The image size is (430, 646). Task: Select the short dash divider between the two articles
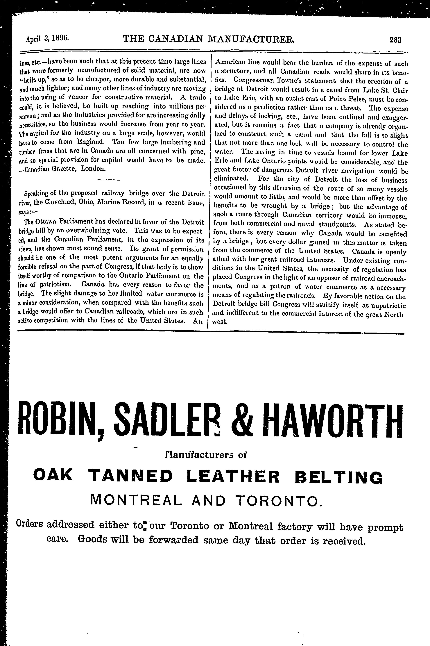click(x=109, y=180)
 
